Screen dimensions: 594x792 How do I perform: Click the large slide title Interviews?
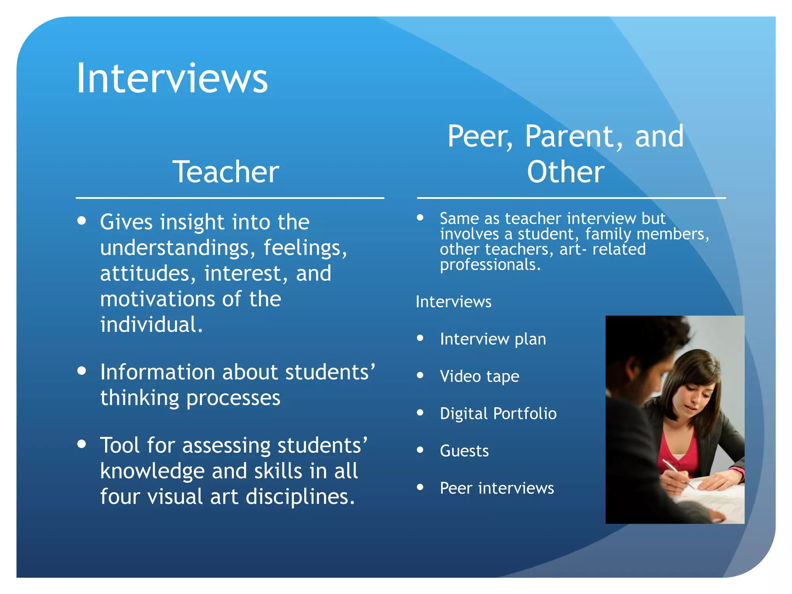(x=172, y=79)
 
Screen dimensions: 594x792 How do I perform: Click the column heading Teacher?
(x=226, y=172)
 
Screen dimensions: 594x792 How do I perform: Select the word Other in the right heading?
(x=566, y=172)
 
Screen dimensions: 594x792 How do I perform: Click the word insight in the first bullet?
(x=192, y=222)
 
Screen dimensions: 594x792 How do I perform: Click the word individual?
(x=151, y=325)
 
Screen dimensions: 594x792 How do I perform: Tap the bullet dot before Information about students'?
(x=82, y=371)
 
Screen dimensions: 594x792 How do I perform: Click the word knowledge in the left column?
(x=152, y=471)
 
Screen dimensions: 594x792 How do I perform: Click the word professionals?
(x=490, y=265)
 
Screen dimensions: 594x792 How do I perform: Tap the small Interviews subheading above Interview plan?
(x=453, y=302)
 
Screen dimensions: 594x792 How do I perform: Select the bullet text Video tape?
(x=480, y=376)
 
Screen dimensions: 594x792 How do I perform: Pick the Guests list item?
(x=464, y=451)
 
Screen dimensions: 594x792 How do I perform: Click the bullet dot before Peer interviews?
(x=420, y=487)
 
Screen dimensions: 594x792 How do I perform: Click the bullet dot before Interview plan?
(x=420, y=338)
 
